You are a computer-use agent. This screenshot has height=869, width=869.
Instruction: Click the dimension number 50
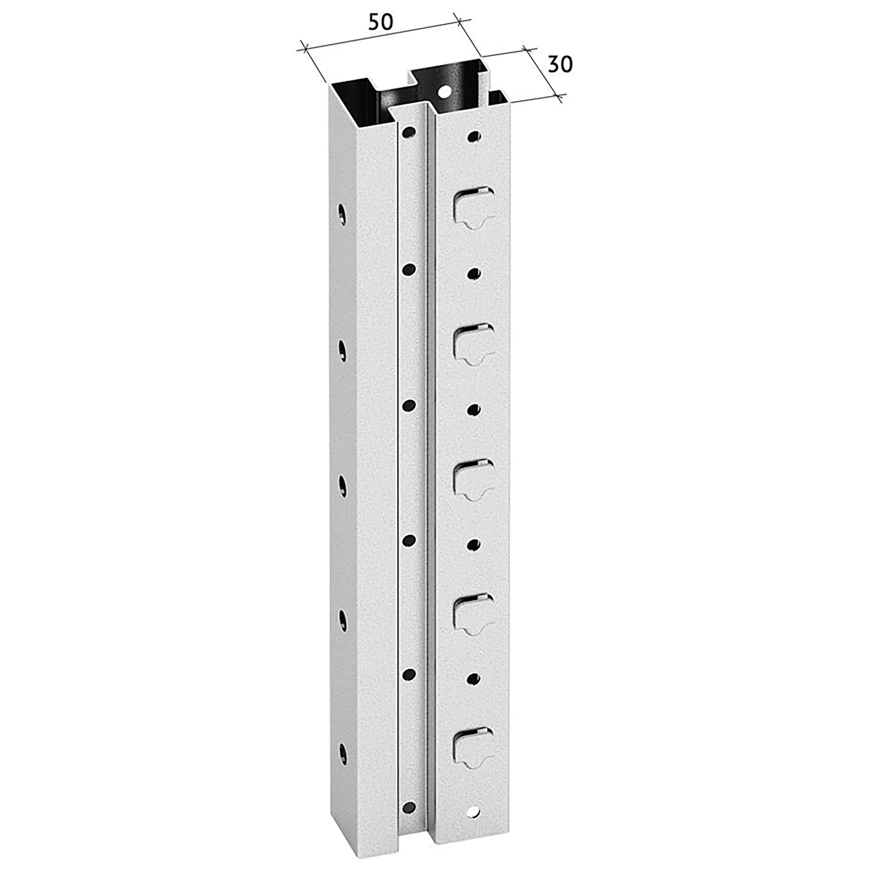pos(381,22)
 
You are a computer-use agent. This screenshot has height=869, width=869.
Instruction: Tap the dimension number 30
pos(560,65)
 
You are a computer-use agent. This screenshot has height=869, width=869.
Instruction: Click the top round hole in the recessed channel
pos(409,132)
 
